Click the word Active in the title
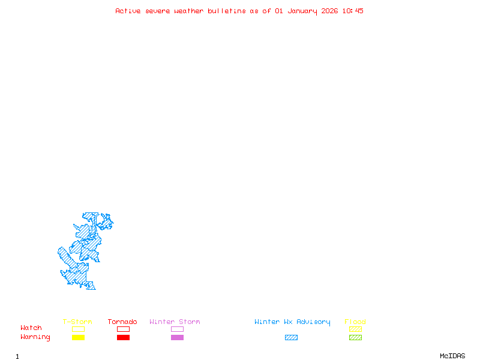point(128,11)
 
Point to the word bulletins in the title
point(227,11)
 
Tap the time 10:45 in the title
point(353,11)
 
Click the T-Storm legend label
point(77,322)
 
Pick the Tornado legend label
point(122,322)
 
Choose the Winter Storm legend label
point(175,322)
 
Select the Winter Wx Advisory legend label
point(292,322)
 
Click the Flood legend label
point(355,322)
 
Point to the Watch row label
point(31,328)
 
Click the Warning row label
point(35,337)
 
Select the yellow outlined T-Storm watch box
point(78,329)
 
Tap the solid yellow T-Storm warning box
point(78,337)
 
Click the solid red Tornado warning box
point(123,337)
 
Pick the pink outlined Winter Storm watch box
point(177,329)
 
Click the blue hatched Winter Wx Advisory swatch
point(291,337)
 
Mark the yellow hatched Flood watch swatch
point(355,329)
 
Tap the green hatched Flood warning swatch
point(355,337)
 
